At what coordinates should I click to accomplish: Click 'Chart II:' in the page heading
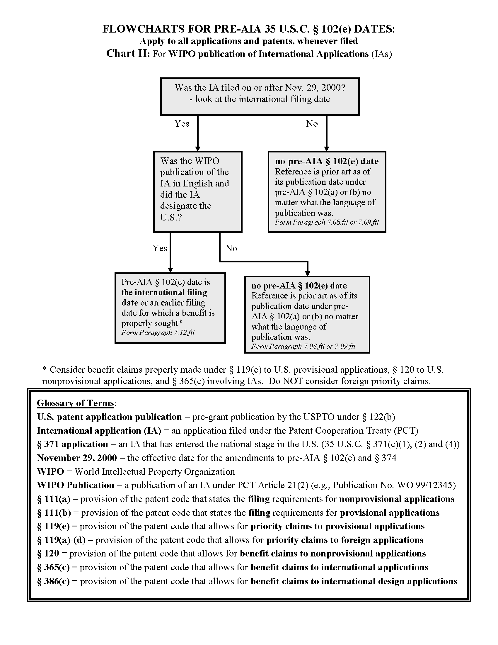[x=128, y=53]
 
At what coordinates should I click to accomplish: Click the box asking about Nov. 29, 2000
[x=260, y=96]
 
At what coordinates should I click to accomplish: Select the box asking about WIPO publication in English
[x=197, y=192]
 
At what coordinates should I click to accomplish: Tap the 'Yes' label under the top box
[x=182, y=123]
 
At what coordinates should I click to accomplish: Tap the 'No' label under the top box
[x=312, y=123]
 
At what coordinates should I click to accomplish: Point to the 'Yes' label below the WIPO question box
[x=160, y=248]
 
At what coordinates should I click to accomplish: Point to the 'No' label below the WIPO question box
[x=231, y=248]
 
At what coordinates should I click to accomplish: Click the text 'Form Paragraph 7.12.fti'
[x=158, y=332]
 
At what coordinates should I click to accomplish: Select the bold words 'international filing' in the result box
[x=171, y=292]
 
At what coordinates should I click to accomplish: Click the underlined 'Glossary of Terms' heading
[x=76, y=403]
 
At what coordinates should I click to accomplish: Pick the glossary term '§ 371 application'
[x=73, y=444]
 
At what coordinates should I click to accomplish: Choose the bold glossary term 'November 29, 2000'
[x=77, y=458]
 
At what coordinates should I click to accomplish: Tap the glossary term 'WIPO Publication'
[x=76, y=485]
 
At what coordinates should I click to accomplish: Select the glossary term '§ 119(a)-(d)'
[x=61, y=540]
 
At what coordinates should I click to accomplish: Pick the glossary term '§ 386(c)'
[x=53, y=581]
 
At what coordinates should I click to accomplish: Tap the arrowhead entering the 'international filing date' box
[x=170, y=270]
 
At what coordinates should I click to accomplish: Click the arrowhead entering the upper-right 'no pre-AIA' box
[x=326, y=149]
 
